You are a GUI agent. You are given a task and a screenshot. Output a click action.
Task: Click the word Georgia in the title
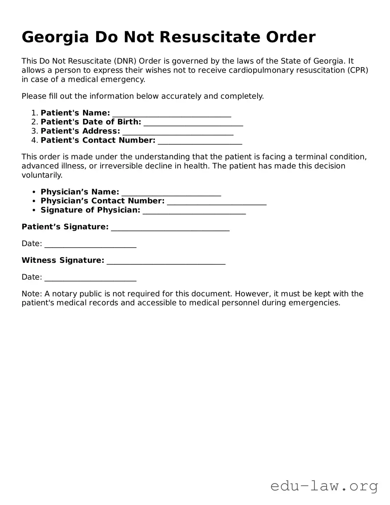tap(55, 37)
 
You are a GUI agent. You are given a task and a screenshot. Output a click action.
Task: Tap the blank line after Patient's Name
tap(172, 114)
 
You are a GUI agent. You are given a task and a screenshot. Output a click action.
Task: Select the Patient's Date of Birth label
tap(91, 122)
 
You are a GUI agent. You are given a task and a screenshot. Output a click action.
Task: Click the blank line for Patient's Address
tap(178, 132)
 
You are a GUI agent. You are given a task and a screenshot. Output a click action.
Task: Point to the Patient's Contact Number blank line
tap(200, 141)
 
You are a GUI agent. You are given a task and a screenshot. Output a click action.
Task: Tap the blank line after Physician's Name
tap(171, 192)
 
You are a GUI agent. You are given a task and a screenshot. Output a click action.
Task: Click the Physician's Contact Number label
tap(102, 201)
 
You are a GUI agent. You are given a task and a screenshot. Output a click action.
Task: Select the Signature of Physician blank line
tap(194, 211)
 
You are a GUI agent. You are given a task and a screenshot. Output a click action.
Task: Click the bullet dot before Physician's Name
tap(34, 192)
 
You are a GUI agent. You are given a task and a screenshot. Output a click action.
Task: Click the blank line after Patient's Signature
tap(170, 227)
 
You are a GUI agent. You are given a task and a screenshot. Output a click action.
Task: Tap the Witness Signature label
tap(63, 260)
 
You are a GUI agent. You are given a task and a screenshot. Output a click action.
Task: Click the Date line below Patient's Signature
tap(90, 244)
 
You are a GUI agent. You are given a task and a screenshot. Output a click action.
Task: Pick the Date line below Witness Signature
tap(90, 277)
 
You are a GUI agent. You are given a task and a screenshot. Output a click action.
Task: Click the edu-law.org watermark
tap(324, 486)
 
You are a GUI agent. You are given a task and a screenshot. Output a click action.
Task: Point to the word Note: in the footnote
tap(32, 294)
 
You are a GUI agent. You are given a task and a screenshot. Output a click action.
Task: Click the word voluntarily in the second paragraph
tap(42, 175)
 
